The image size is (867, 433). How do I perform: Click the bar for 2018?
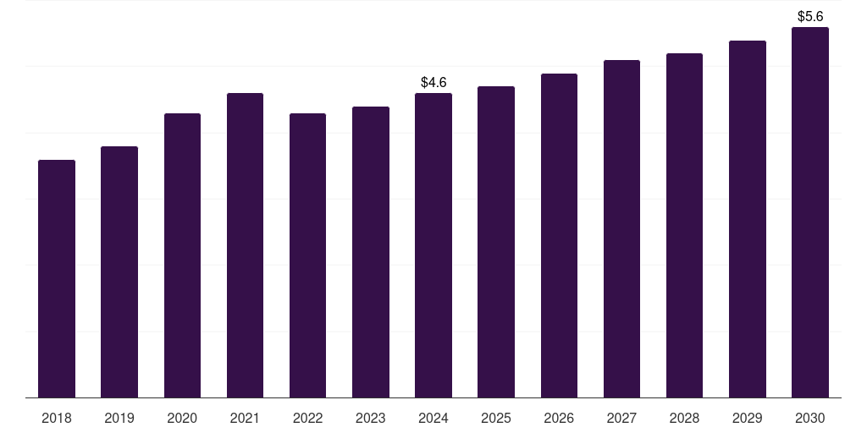57,279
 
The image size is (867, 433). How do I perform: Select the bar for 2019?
119,272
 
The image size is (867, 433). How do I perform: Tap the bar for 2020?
183,255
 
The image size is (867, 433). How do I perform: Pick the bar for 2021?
245,245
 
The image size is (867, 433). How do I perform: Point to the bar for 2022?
307,255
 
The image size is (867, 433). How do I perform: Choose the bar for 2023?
371,252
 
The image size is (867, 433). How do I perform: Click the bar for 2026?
559,236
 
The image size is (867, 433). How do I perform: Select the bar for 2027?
621,228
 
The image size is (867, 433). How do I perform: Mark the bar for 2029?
748,219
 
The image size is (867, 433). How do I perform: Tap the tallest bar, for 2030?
810,212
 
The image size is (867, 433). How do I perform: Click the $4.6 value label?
433,82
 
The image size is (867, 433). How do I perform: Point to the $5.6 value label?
810,17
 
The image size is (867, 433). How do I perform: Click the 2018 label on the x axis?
57,418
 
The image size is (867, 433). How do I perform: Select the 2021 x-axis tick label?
245,418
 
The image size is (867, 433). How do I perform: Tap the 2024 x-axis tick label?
433,418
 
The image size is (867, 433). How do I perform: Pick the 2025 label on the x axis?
496,418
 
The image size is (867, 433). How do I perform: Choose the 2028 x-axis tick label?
684,418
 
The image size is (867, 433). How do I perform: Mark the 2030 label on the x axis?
810,418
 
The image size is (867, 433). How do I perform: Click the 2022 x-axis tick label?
307,418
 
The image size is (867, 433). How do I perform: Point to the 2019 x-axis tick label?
119,418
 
